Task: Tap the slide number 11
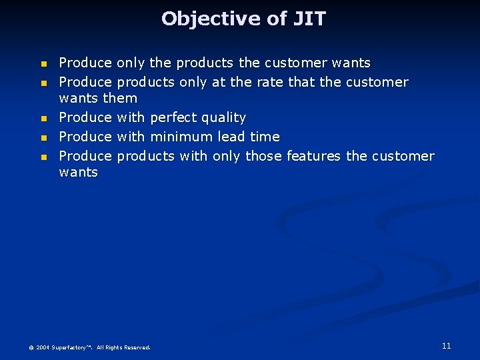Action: pyautogui.click(x=446, y=345)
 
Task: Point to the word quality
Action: pyautogui.click(x=224, y=118)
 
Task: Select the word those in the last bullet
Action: pyautogui.click(x=264, y=156)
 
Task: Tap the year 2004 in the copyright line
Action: pyautogui.click(x=43, y=347)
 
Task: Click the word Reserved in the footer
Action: pyautogui.click(x=137, y=347)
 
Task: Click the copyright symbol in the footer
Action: pyautogui.click(x=31, y=348)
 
